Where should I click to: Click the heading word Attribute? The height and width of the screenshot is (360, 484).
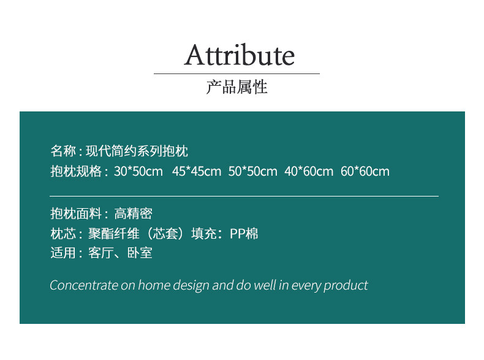[x=239, y=55]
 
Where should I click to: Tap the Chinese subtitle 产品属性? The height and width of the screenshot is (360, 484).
[x=236, y=87]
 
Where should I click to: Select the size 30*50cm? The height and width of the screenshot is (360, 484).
[x=138, y=171]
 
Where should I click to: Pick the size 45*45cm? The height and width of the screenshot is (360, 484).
[x=197, y=171]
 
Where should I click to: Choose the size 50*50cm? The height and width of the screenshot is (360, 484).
[x=253, y=171]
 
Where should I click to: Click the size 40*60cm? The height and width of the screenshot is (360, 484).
[x=309, y=171]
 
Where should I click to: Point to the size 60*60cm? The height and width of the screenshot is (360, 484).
[x=365, y=171]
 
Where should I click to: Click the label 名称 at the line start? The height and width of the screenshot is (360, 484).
[x=63, y=151]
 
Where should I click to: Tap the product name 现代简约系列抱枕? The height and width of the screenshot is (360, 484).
[x=137, y=151]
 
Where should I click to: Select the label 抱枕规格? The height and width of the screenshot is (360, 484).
[x=76, y=171]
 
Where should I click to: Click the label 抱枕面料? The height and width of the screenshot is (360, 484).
[x=76, y=214]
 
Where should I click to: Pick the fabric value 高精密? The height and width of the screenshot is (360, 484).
[x=134, y=214]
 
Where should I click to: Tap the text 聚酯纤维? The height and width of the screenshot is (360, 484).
[x=113, y=233]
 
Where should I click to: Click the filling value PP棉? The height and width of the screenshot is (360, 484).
[x=244, y=233]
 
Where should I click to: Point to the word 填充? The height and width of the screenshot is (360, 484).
[x=204, y=233]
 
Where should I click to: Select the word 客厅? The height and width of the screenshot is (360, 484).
[x=100, y=253]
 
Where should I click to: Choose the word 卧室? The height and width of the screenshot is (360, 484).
[x=140, y=253]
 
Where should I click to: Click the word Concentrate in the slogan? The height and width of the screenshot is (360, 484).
[x=84, y=285]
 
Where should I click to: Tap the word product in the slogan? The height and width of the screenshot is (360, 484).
[x=346, y=286]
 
